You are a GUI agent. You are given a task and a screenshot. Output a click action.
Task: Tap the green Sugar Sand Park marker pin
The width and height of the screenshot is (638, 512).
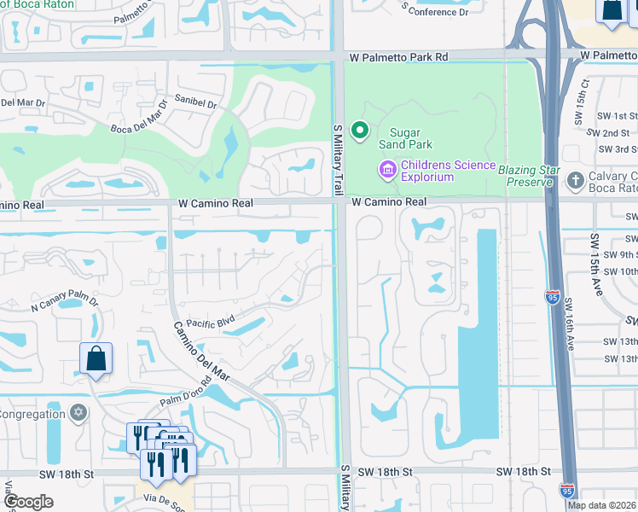360,131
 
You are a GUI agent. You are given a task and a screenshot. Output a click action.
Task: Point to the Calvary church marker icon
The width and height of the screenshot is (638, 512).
572,179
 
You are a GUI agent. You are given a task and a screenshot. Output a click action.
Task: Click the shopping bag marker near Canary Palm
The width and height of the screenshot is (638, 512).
96,359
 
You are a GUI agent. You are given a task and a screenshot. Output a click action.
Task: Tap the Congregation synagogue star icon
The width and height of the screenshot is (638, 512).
78,414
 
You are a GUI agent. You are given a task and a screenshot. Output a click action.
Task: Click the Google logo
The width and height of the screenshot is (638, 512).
29,502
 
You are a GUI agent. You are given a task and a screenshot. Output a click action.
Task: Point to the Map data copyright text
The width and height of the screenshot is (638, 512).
601,505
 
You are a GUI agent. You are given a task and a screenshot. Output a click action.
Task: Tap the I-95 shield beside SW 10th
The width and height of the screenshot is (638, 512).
552,296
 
